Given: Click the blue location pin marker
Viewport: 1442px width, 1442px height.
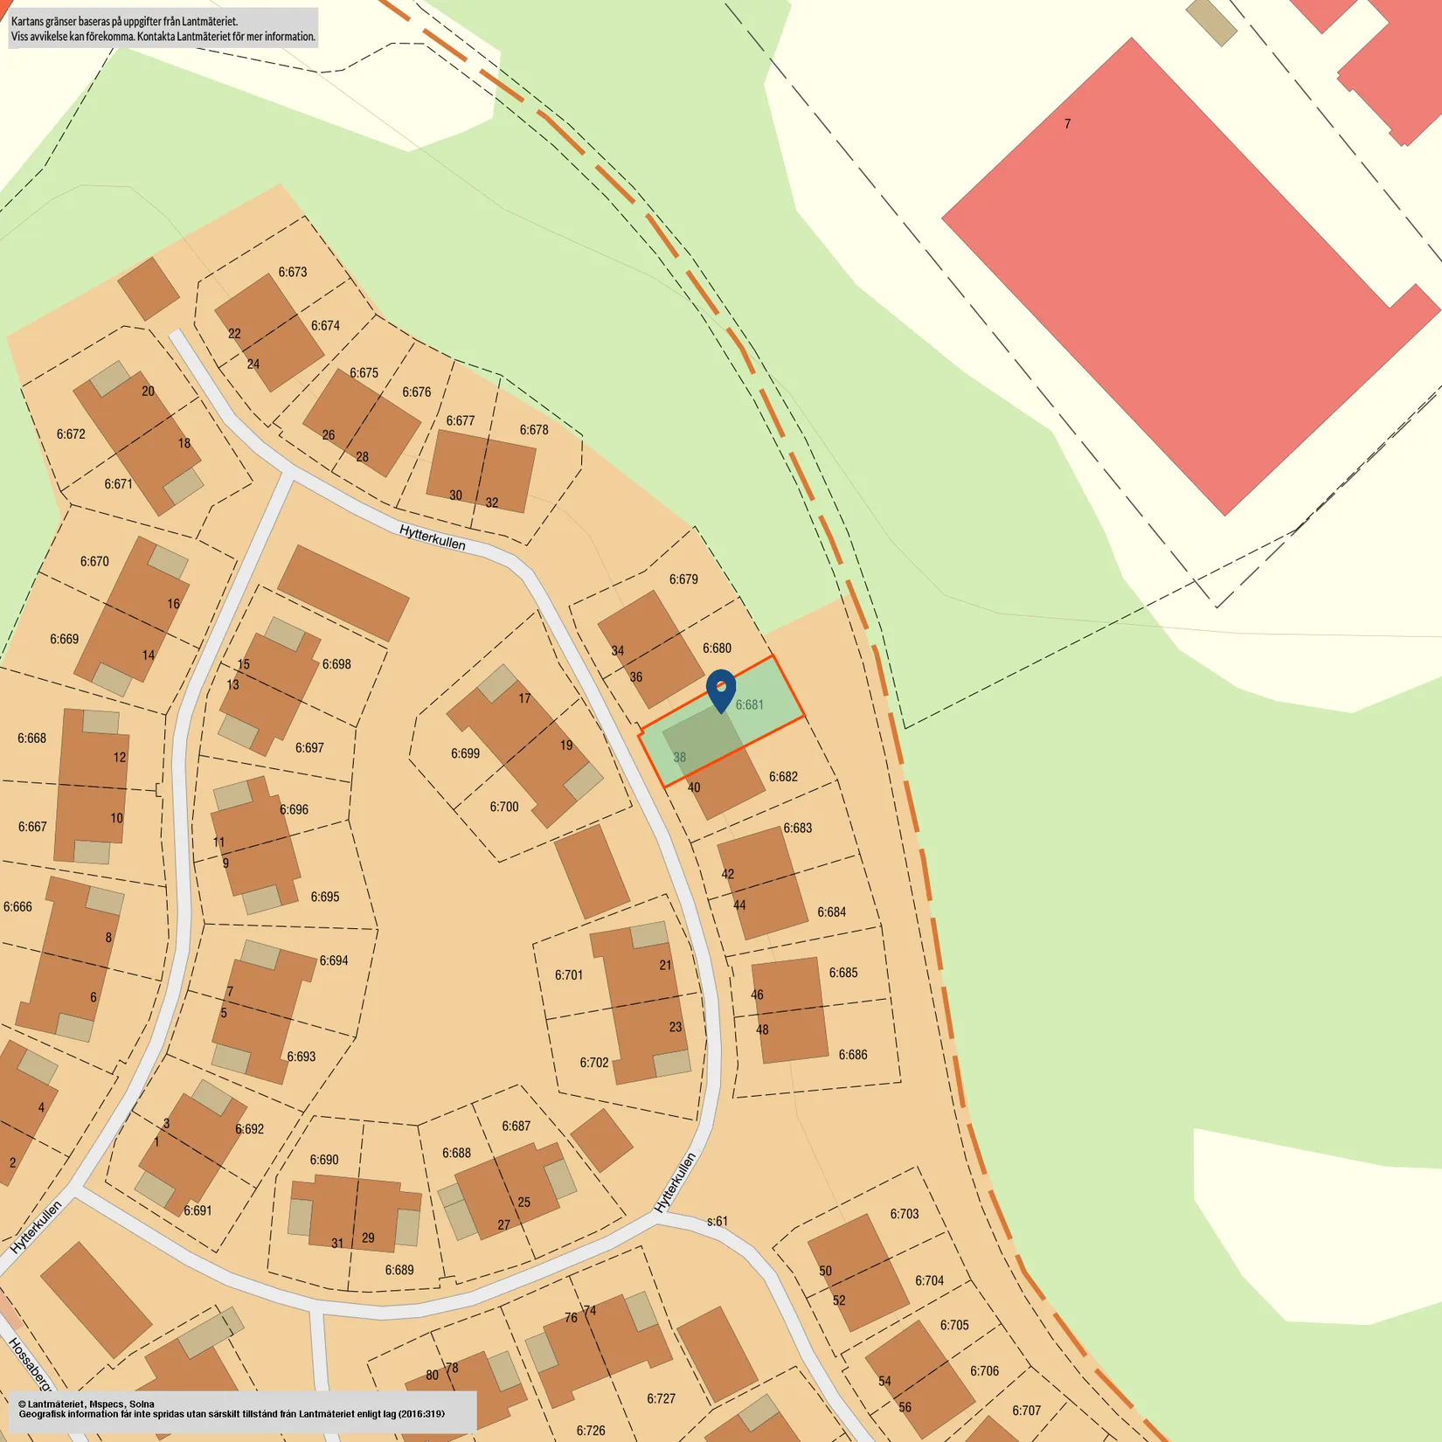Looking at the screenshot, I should click(721, 689).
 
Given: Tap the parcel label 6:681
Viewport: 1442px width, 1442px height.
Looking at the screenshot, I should click(749, 704).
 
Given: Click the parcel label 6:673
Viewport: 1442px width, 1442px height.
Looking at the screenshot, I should click(293, 272).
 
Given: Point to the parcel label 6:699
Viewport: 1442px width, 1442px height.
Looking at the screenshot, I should click(465, 753).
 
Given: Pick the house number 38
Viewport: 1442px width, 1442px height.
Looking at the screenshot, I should click(679, 757).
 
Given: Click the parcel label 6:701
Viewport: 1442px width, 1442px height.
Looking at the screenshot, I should click(568, 974).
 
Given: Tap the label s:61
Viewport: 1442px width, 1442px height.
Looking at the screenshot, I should click(717, 1221).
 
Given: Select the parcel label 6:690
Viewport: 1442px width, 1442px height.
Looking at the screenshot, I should click(323, 1160).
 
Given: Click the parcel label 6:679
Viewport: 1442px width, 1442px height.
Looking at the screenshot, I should click(683, 579).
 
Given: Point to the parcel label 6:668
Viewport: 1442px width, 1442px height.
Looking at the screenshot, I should click(31, 738).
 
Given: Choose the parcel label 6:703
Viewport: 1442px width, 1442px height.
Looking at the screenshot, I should click(905, 1214).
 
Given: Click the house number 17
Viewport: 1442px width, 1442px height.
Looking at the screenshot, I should click(524, 698).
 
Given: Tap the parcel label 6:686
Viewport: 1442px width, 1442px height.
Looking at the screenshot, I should click(853, 1055).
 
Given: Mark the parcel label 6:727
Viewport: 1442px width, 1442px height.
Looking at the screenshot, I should click(661, 1398).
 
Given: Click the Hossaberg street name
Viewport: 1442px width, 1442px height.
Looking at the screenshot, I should click(30, 1363).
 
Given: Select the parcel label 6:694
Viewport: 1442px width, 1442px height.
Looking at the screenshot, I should click(334, 960).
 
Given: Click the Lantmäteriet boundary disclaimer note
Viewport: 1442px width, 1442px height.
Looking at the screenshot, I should click(163, 28).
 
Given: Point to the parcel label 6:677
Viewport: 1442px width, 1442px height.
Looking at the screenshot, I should click(461, 421).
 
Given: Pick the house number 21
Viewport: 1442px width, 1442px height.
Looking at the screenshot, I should click(666, 965).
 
